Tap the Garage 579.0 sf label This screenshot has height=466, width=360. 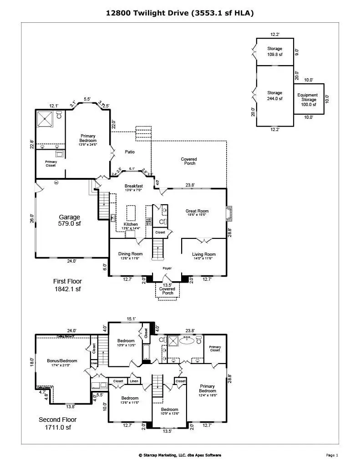pyautogui.click(x=69, y=220)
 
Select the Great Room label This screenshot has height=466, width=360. pyautogui.click(x=197, y=212)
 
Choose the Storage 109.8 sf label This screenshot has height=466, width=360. pyautogui.click(x=274, y=51)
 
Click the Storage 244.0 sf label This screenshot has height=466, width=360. pyautogui.click(x=274, y=96)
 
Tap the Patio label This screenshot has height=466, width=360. pyautogui.click(x=130, y=152)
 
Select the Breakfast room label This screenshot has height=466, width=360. pyautogui.click(x=134, y=187)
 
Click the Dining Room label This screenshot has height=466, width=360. pyautogui.click(x=131, y=255)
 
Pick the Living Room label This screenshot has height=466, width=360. pyautogui.click(x=203, y=255)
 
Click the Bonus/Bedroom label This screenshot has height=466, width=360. pyautogui.click(x=62, y=362)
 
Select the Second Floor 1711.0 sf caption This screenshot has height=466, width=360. pyautogui.click(x=57, y=423)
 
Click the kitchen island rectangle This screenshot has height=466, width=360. pyautogui.click(x=131, y=212)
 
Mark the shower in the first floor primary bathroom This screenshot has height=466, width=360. pyautogui.click(x=46, y=119)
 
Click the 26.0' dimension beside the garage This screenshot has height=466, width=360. pyautogui.click(x=32, y=218)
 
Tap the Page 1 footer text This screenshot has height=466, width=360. pyautogui.click(x=332, y=455)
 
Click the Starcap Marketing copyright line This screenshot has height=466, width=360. pyautogui.click(x=180, y=455)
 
